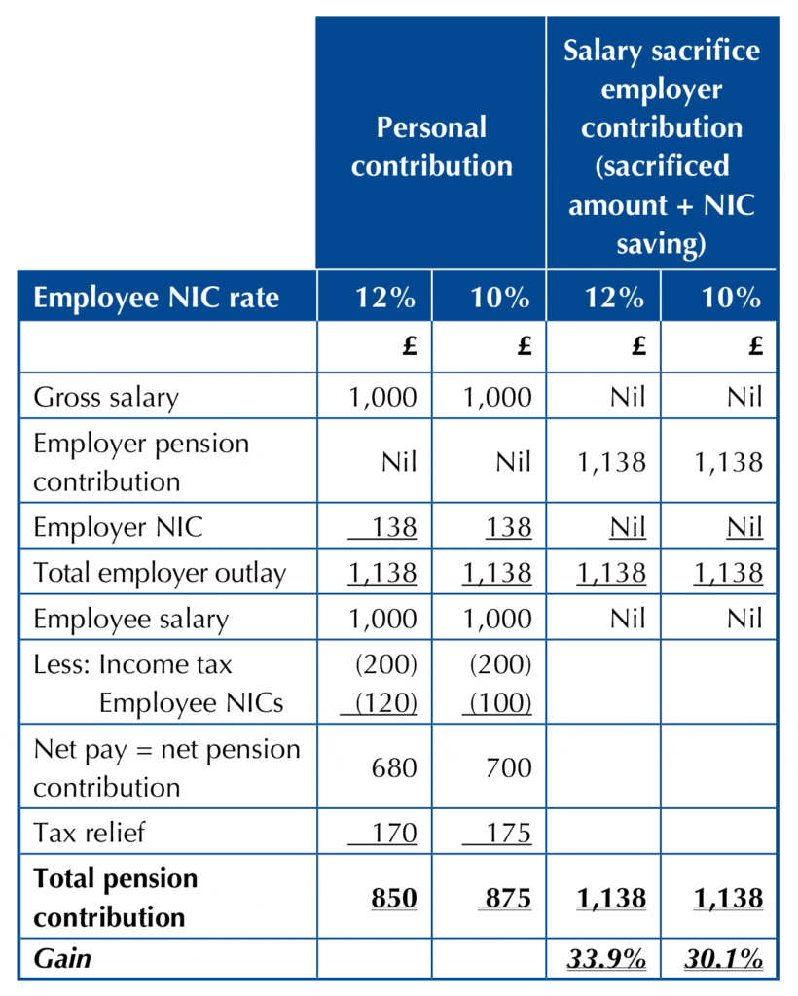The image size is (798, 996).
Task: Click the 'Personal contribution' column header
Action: pyautogui.click(x=431, y=146)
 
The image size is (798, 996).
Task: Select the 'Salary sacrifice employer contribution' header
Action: pyautogui.click(x=662, y=146)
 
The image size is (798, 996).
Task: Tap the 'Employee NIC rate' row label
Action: pyautogui.click(x=156, y=298)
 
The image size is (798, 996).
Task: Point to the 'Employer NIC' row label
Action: pyautogui.click(x=119, y=527)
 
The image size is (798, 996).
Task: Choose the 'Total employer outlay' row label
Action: pyautogui.click(x=160, y=573)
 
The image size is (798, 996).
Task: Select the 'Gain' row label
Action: pyautogui.click(x=62, y=958)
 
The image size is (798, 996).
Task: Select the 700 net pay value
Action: pyautogui.click(x=508, y=767)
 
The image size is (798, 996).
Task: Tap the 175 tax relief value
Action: pyautogui.click(x=508, y=833)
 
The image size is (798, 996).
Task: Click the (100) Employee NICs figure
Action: pyautogui.click(x=507, y=703)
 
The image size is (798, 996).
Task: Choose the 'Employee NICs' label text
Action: pyautogui.click(x=191, y=703)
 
